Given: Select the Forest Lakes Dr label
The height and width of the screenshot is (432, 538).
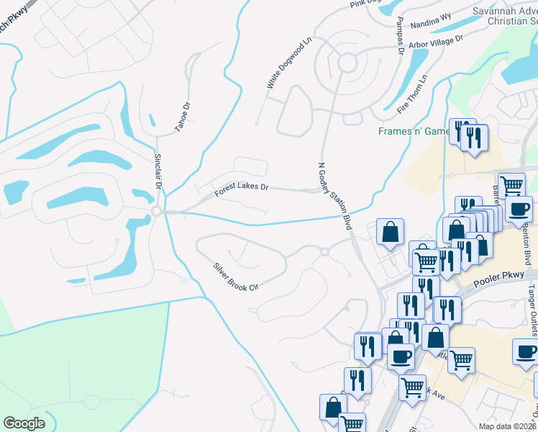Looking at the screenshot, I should [x=241, y=190].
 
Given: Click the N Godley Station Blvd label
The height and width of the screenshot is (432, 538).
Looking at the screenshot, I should [x=336, y=197].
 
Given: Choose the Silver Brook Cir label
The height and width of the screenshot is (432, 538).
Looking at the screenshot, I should [x=234, y=277].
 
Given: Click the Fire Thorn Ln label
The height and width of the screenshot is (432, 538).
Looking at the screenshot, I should [x=412, y=94].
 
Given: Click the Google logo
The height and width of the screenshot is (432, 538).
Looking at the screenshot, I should [x=24, y=423].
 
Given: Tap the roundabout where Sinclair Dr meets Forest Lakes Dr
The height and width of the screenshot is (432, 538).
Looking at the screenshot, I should [x=156, y=211].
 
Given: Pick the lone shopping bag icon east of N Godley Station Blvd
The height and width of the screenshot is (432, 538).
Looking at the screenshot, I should [x=390, y=233].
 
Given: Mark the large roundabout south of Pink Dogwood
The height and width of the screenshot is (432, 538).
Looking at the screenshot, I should [x=348, y=63].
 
